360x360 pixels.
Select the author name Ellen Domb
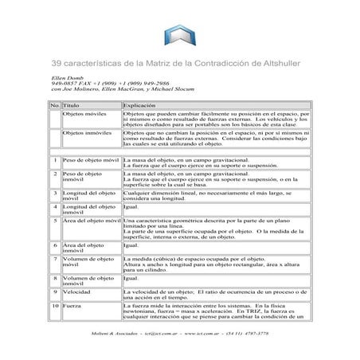point(65,77)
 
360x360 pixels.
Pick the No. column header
point(54,105)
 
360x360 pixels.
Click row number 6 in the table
point(54,245)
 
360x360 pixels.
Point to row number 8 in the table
point(54,279)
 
